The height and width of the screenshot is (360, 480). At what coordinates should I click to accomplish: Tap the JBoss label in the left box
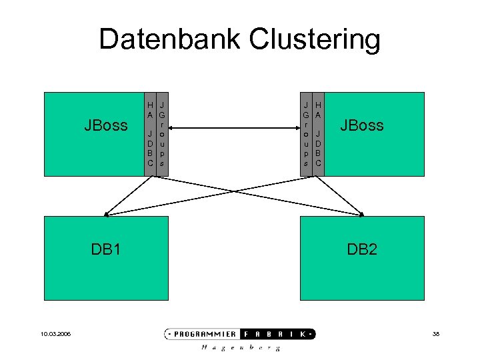(x=105, y=125)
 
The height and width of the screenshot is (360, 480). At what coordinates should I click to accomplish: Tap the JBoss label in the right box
(x=361, y=125)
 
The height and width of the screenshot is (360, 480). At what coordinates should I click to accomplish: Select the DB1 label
(x=105, y=249)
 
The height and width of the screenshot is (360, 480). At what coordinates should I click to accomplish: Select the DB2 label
(x=361, y=249)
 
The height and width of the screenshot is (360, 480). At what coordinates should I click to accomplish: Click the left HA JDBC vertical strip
(x=151, y=134)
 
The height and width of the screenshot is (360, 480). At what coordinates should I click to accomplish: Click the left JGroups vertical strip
(x=163, y=134)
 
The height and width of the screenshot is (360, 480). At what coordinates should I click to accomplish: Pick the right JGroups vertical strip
(x=306, y=134)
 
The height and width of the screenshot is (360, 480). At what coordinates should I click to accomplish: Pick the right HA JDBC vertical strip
(x=319, y=134)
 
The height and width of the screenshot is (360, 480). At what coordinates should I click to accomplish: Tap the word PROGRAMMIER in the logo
(x=206, y=334)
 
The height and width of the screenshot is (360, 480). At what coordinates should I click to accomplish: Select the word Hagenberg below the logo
(x=241, y=348)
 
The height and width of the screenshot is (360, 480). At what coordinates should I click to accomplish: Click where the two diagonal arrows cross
(x=235, y=190)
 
